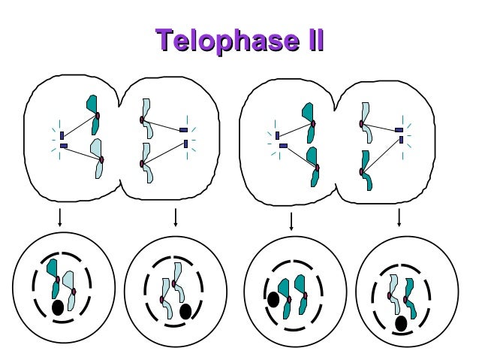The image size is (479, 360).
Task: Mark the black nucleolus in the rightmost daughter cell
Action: tap(401, 323)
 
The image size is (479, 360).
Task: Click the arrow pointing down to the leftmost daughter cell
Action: tap(59, 219)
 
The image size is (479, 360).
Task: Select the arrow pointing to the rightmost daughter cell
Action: tap(399, 217)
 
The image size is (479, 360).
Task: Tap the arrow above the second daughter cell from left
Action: tap(175, 217)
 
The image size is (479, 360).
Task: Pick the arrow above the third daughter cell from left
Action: tap(291, 222)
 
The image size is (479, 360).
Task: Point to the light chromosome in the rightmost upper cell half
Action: tap(366, 120)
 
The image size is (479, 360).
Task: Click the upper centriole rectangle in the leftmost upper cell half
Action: tap(62, 135)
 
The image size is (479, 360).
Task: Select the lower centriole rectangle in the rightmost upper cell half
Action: tap(402, 140)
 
